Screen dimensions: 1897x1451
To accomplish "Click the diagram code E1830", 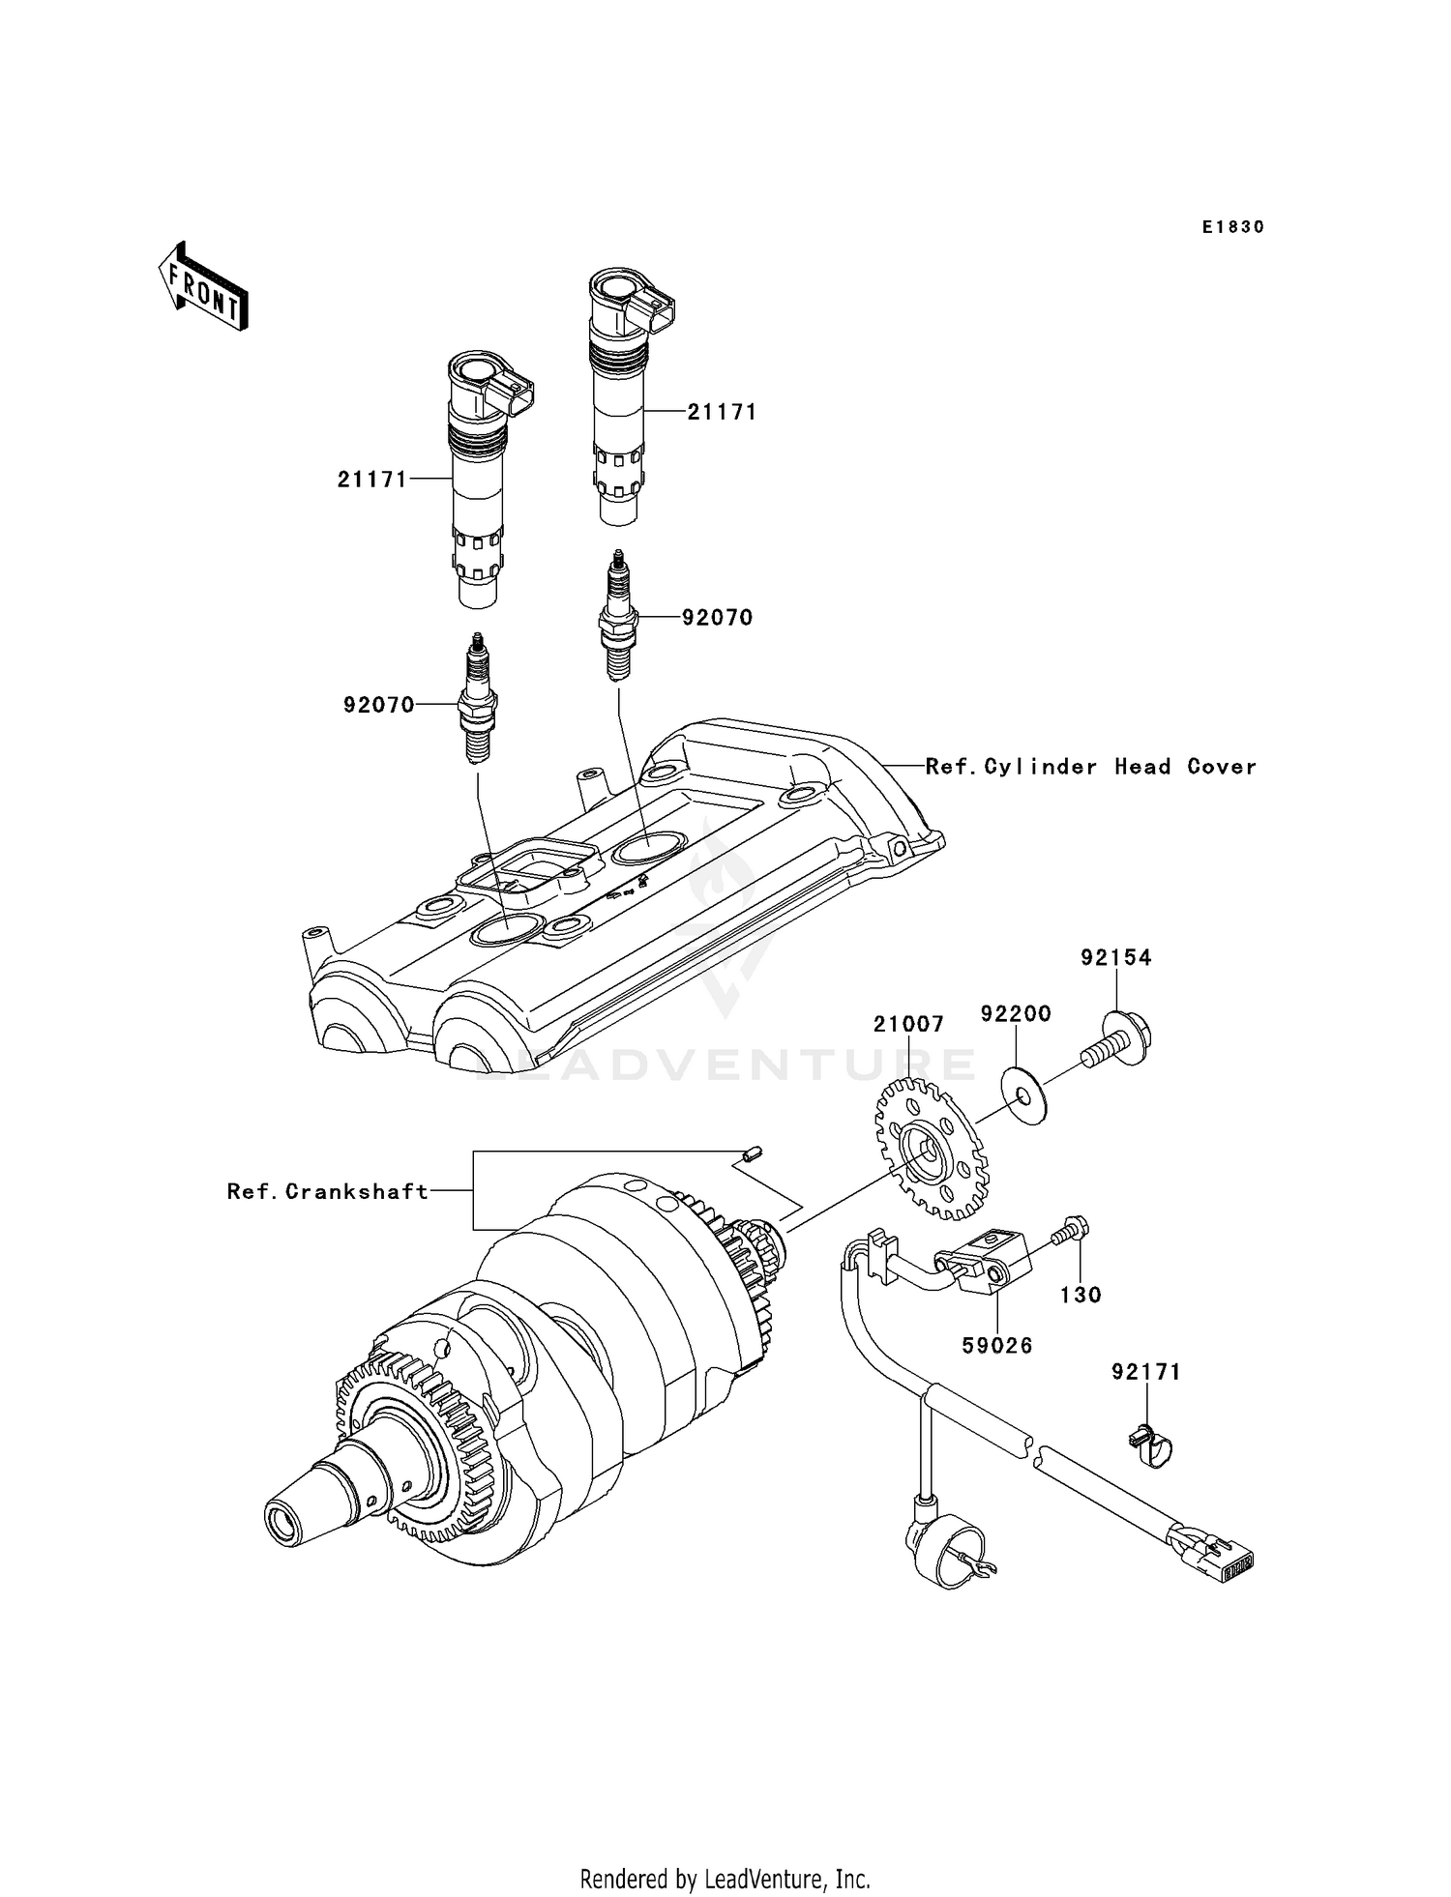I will click(x=1233, y=227).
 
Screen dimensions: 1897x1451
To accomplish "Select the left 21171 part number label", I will click(x=372, y=479).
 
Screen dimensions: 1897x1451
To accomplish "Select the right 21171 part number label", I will click(x=722, y=412).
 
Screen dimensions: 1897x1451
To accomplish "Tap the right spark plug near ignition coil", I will click(x=615, y=615).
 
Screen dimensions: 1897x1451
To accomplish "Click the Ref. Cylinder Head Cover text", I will click(x=1091, y=767).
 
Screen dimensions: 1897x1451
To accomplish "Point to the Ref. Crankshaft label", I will click(x=328, y=1191).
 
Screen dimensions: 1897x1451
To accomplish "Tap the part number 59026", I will click(x=997, y=1345).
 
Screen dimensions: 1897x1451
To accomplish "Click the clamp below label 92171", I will click(x=1149, y=1447).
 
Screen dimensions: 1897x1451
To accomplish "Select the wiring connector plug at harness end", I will click(x=1220, y=1556).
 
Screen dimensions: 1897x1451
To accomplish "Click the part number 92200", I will click(x=1016, y=1013).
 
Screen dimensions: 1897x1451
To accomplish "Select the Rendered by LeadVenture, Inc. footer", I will click(x=725, y=1879).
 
